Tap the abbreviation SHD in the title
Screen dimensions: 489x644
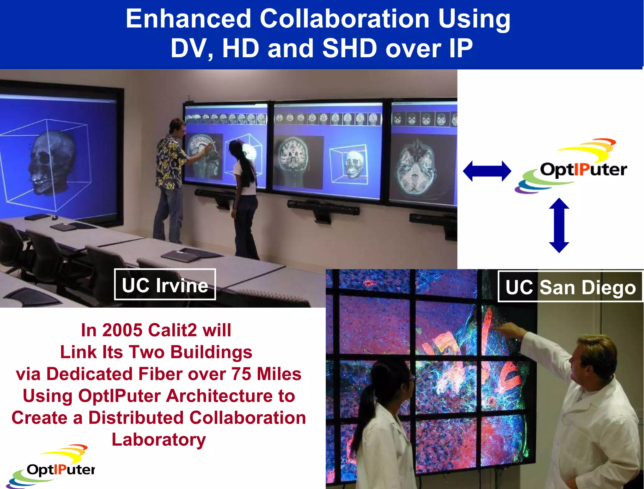click(349, 48)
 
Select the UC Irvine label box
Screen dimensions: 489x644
click(165, 285)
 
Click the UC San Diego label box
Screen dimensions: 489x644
click(570, 287)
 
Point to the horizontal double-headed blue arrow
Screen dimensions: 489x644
click(487, 171)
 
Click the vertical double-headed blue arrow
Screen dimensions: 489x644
click(559, 225)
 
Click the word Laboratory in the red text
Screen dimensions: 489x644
click(159, 440)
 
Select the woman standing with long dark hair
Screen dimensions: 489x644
click(244, 195)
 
